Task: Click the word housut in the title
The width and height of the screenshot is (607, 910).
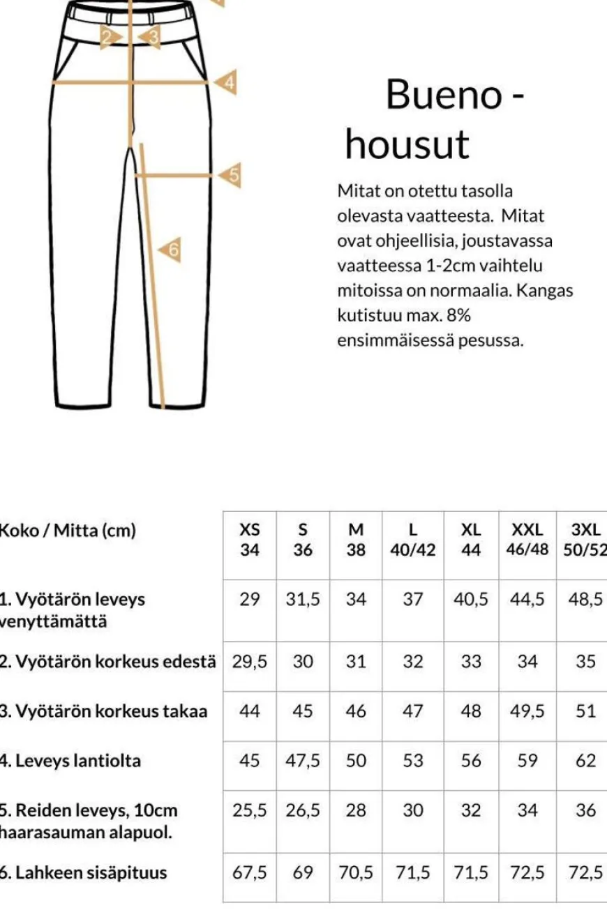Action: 407,145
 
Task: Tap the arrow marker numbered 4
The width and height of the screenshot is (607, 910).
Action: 227,83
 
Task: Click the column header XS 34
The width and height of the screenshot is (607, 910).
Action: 249,540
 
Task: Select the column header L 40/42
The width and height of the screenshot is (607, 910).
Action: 412,540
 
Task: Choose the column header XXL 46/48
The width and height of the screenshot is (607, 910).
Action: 527,540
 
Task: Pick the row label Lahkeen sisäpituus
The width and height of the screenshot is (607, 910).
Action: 83,872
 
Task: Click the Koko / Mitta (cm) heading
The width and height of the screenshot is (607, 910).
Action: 67,530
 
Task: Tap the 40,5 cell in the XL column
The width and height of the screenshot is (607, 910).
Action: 471,599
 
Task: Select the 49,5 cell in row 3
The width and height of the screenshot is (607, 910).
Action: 527,711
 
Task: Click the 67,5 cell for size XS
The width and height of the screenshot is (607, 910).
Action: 249,872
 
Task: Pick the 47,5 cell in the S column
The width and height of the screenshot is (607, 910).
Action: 303,760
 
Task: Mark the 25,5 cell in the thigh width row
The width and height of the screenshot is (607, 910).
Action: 249,810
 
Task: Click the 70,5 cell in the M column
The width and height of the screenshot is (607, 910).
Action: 356,872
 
